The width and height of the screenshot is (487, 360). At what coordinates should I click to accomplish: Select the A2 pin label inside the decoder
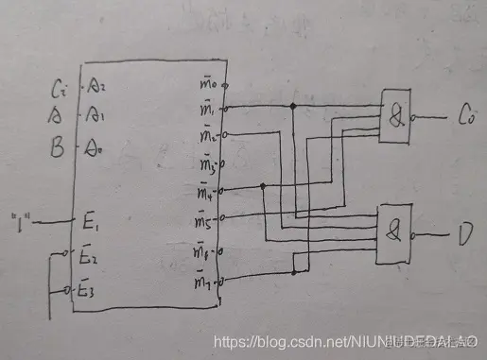point(96,91)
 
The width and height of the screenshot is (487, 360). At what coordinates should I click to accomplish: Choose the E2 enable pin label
point(87,256)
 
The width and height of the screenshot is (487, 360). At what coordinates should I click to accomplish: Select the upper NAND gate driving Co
point(395,117)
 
